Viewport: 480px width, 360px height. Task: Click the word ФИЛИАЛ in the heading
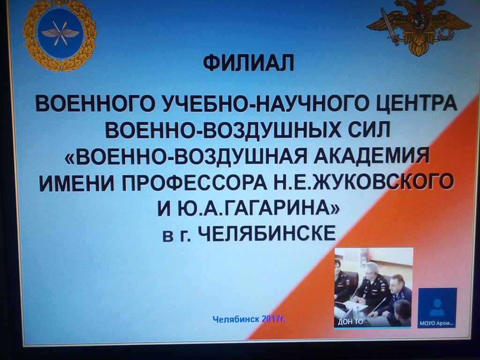(x=249, y=62)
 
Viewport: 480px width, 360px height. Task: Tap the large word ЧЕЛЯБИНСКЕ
(x=267, y=233)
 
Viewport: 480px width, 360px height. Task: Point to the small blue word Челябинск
(x=236, y=319)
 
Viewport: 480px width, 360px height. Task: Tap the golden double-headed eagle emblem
(x=419, y=27)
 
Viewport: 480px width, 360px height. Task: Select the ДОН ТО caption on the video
(x=351, y=322)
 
